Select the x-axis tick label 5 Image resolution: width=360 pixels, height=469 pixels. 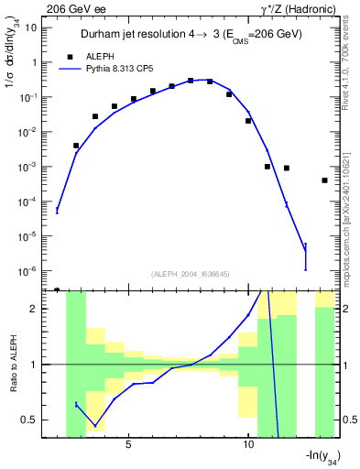click(x=128, y=445)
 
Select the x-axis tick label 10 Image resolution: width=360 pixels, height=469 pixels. click(x=248, y=445)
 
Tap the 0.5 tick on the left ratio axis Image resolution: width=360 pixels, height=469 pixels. click(x=31, y=420)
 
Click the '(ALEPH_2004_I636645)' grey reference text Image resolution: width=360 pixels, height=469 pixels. click(x=189, y=273)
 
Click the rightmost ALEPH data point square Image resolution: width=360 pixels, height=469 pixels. click(x=325, y=180)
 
